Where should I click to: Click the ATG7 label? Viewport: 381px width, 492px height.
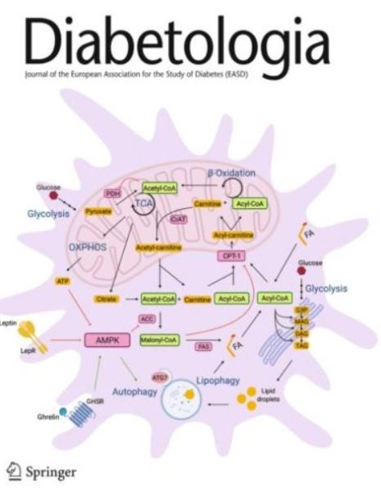(x=161, y=378)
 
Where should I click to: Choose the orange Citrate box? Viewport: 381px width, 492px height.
(x=106, y=299)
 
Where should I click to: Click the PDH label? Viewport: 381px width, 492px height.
(x=114, y=193)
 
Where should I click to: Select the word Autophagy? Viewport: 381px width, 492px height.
(x=135, y=394)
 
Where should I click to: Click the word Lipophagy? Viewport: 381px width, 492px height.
(x=219, y=381)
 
